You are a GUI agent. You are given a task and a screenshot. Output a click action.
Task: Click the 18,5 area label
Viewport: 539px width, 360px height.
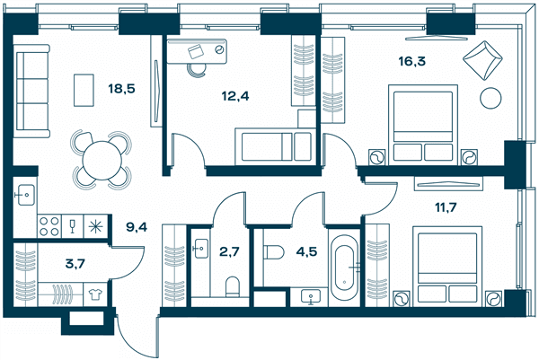[121, 89]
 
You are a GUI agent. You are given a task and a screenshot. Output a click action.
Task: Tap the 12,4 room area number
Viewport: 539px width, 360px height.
[235, 97]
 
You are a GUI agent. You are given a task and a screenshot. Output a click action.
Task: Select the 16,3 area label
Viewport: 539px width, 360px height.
[411, 61]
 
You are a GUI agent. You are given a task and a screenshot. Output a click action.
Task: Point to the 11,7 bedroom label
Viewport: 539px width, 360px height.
[446, 207]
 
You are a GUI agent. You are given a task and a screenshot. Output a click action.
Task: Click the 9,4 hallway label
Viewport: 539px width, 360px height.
[137, 227]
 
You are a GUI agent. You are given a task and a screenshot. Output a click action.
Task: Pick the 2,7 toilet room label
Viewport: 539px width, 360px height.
[229, 251]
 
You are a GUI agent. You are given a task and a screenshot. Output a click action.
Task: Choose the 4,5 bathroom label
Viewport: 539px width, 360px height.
[306, 251]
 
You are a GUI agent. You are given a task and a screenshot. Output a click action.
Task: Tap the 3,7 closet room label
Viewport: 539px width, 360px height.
[75, 264]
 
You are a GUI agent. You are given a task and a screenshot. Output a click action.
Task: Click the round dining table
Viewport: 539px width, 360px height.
[102, 160]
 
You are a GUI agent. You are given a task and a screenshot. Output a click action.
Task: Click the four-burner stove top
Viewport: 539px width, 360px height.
[49, 226]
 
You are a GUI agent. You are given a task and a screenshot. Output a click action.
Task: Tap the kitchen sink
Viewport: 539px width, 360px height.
[26, 195]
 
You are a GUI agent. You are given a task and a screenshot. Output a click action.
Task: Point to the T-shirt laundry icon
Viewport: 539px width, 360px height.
[95, 294]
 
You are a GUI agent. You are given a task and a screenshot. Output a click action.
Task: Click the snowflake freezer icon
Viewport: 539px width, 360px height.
[95, 227]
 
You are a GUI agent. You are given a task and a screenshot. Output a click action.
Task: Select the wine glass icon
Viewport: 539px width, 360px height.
[72, 226]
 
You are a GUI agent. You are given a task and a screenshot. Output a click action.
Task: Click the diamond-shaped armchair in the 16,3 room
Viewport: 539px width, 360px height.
[482, 60]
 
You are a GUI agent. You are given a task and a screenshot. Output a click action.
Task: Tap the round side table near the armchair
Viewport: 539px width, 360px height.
[490, 99]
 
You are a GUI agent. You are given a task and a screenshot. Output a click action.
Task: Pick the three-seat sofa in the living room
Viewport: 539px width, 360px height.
[31, 91]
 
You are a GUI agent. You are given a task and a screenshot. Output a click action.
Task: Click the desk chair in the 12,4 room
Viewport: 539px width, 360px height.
[196, 71]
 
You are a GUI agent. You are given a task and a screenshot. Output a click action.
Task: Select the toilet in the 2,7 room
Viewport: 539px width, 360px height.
[233, 287]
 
